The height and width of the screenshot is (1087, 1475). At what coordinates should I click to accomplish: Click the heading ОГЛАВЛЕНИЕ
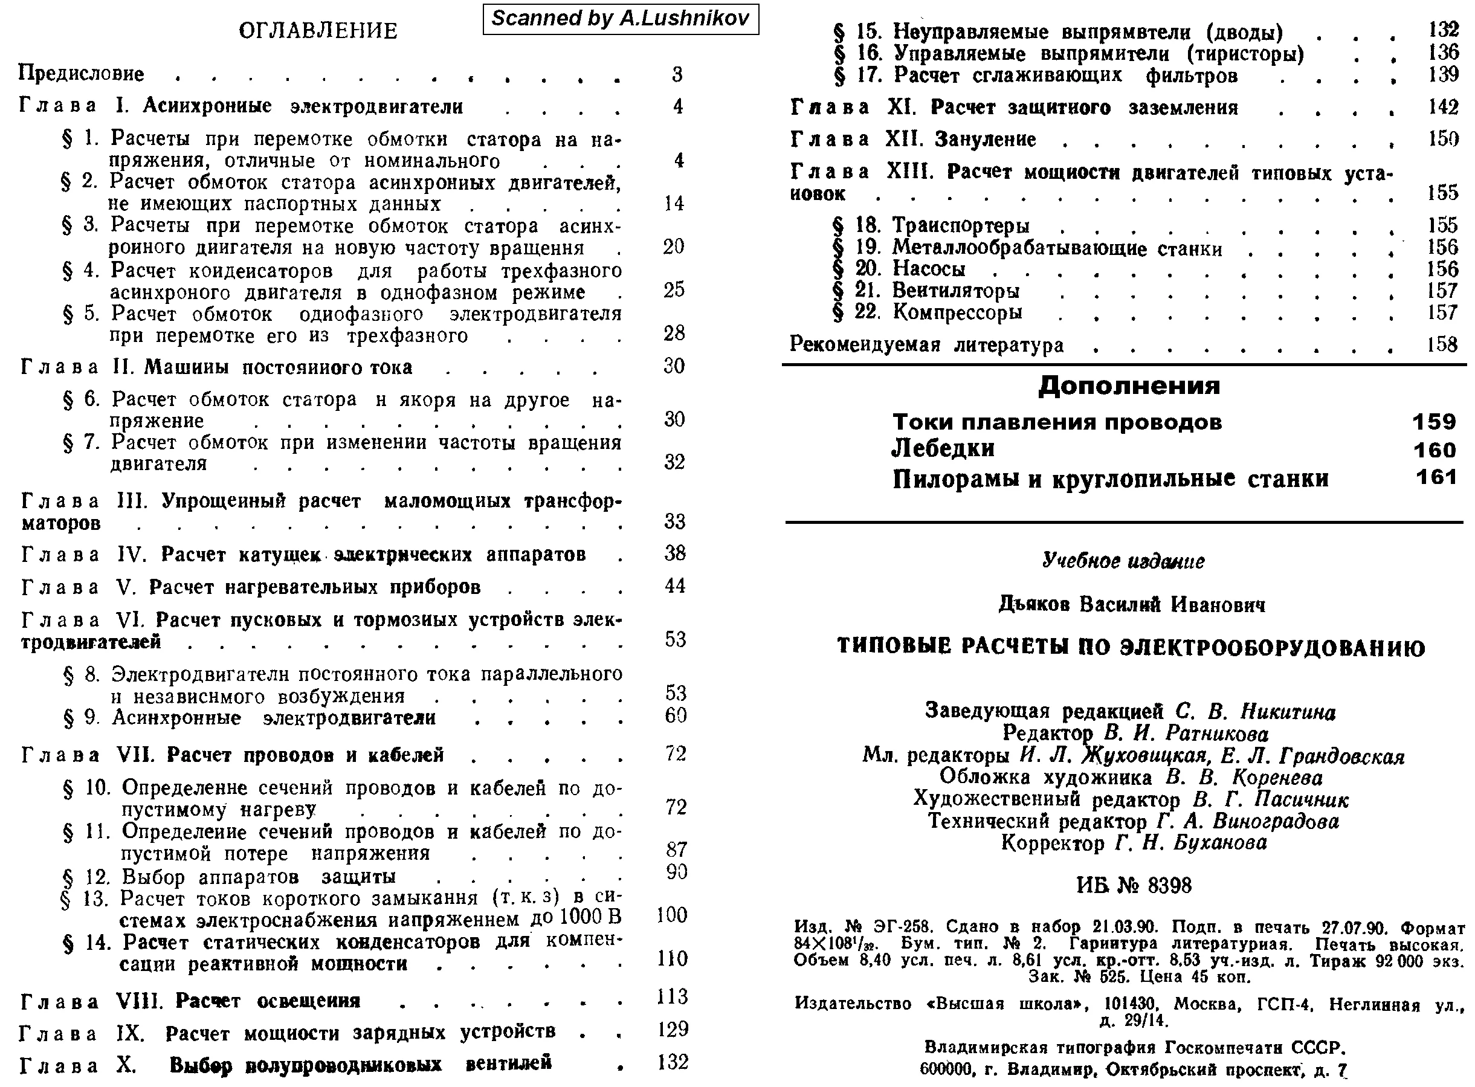pos(318,31)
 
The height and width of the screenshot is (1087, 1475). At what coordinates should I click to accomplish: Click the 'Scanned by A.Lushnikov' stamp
pos(621,18)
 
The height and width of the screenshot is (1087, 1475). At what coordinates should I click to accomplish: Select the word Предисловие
pos(81,73)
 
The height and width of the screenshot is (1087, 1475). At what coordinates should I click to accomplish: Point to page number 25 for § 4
pos(674,290)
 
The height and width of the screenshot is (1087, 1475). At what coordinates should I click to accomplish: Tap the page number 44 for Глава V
pos(675,585)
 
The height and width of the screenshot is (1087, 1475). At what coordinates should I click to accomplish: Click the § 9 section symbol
pos(68,718)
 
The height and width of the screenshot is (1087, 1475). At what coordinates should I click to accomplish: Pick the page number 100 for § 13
pos(672,915)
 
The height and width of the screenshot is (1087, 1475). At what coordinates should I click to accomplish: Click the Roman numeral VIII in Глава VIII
pos(139,1001)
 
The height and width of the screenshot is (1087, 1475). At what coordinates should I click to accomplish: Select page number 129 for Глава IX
pos(673,1029)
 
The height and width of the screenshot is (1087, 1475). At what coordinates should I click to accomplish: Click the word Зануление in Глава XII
pos(985,140)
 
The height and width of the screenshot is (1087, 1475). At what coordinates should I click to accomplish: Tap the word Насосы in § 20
pos(928,269)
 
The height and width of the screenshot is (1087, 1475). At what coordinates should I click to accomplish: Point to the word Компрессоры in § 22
pos(957,312)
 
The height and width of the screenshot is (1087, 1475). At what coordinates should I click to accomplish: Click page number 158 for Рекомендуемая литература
pos(1442,345)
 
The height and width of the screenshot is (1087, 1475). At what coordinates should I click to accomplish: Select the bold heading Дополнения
pos(1129,385)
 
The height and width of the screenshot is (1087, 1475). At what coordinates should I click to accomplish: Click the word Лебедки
pos(943,449)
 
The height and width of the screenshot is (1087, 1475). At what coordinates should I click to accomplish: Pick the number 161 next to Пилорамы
pos(1436,477)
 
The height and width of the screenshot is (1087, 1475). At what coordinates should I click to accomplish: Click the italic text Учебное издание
pos(1123,561)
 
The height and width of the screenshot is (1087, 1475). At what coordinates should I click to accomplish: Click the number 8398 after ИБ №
pos(1168,886)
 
